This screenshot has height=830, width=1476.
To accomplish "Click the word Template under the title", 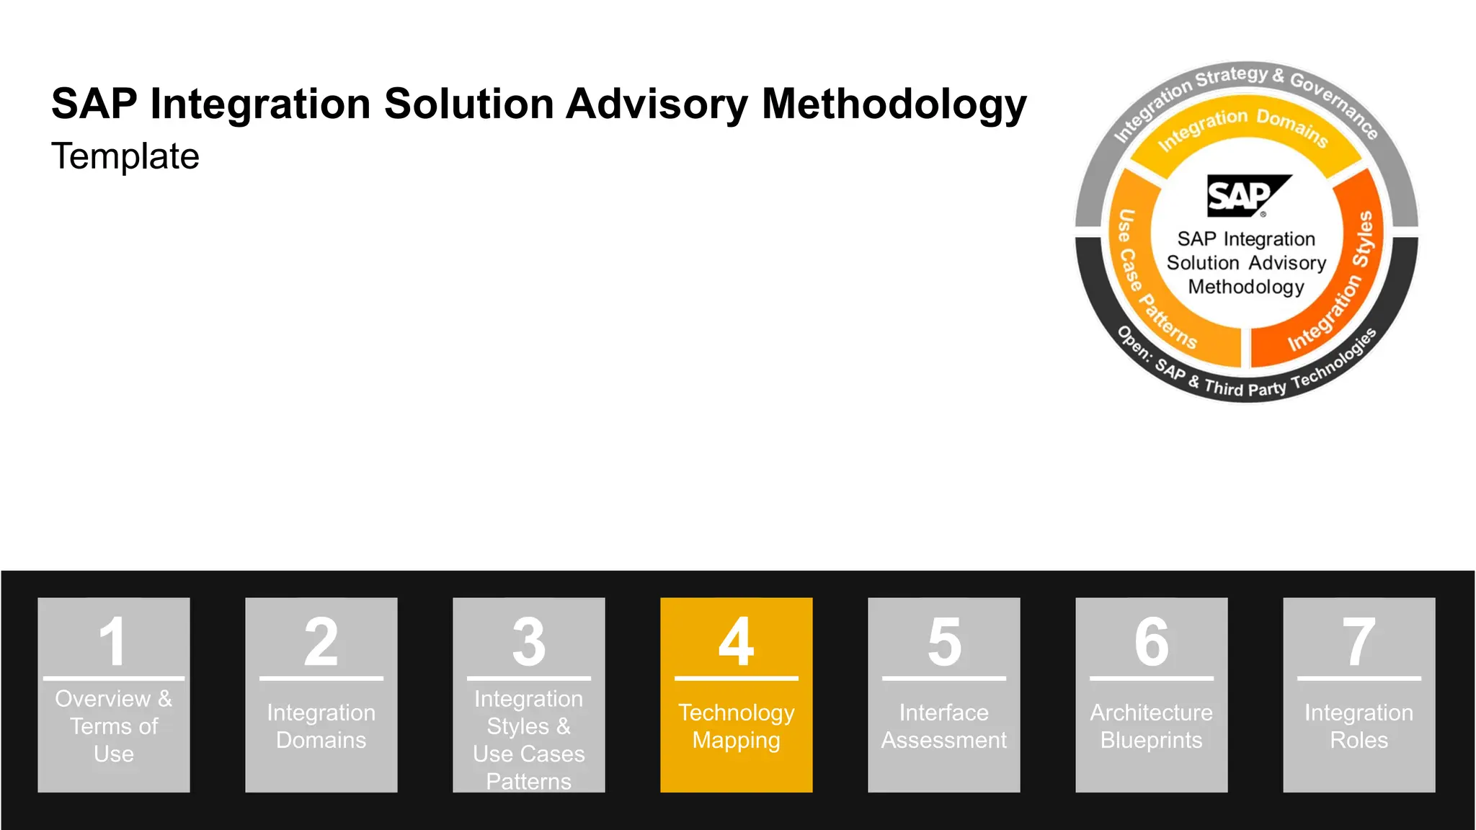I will coord(125,156).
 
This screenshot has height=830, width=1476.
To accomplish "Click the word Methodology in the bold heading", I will coord(894,104).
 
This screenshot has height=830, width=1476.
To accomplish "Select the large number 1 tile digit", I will coord(114,641).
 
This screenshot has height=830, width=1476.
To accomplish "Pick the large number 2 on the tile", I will coord(321,641).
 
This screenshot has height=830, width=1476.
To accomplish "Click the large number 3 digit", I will coord(529,641).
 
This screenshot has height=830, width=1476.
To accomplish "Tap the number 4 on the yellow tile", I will coord(737,641).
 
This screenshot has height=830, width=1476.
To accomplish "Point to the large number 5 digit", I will coord(944,641).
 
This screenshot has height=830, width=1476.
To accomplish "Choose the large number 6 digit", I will coord(1152,641).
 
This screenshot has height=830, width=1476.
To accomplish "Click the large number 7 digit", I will coord(1359,641).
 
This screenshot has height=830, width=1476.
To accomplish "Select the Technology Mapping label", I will coord(737,726).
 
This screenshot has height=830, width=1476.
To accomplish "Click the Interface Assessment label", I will coord(944,726).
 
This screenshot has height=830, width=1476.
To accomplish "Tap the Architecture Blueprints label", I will coord(1152,726).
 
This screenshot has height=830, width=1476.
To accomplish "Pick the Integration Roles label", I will coord(1359,726).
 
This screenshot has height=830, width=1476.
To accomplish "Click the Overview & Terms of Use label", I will coord(114,726).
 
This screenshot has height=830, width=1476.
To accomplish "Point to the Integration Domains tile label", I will coord(321,726).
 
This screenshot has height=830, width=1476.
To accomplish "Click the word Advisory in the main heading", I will coord(657,104).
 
